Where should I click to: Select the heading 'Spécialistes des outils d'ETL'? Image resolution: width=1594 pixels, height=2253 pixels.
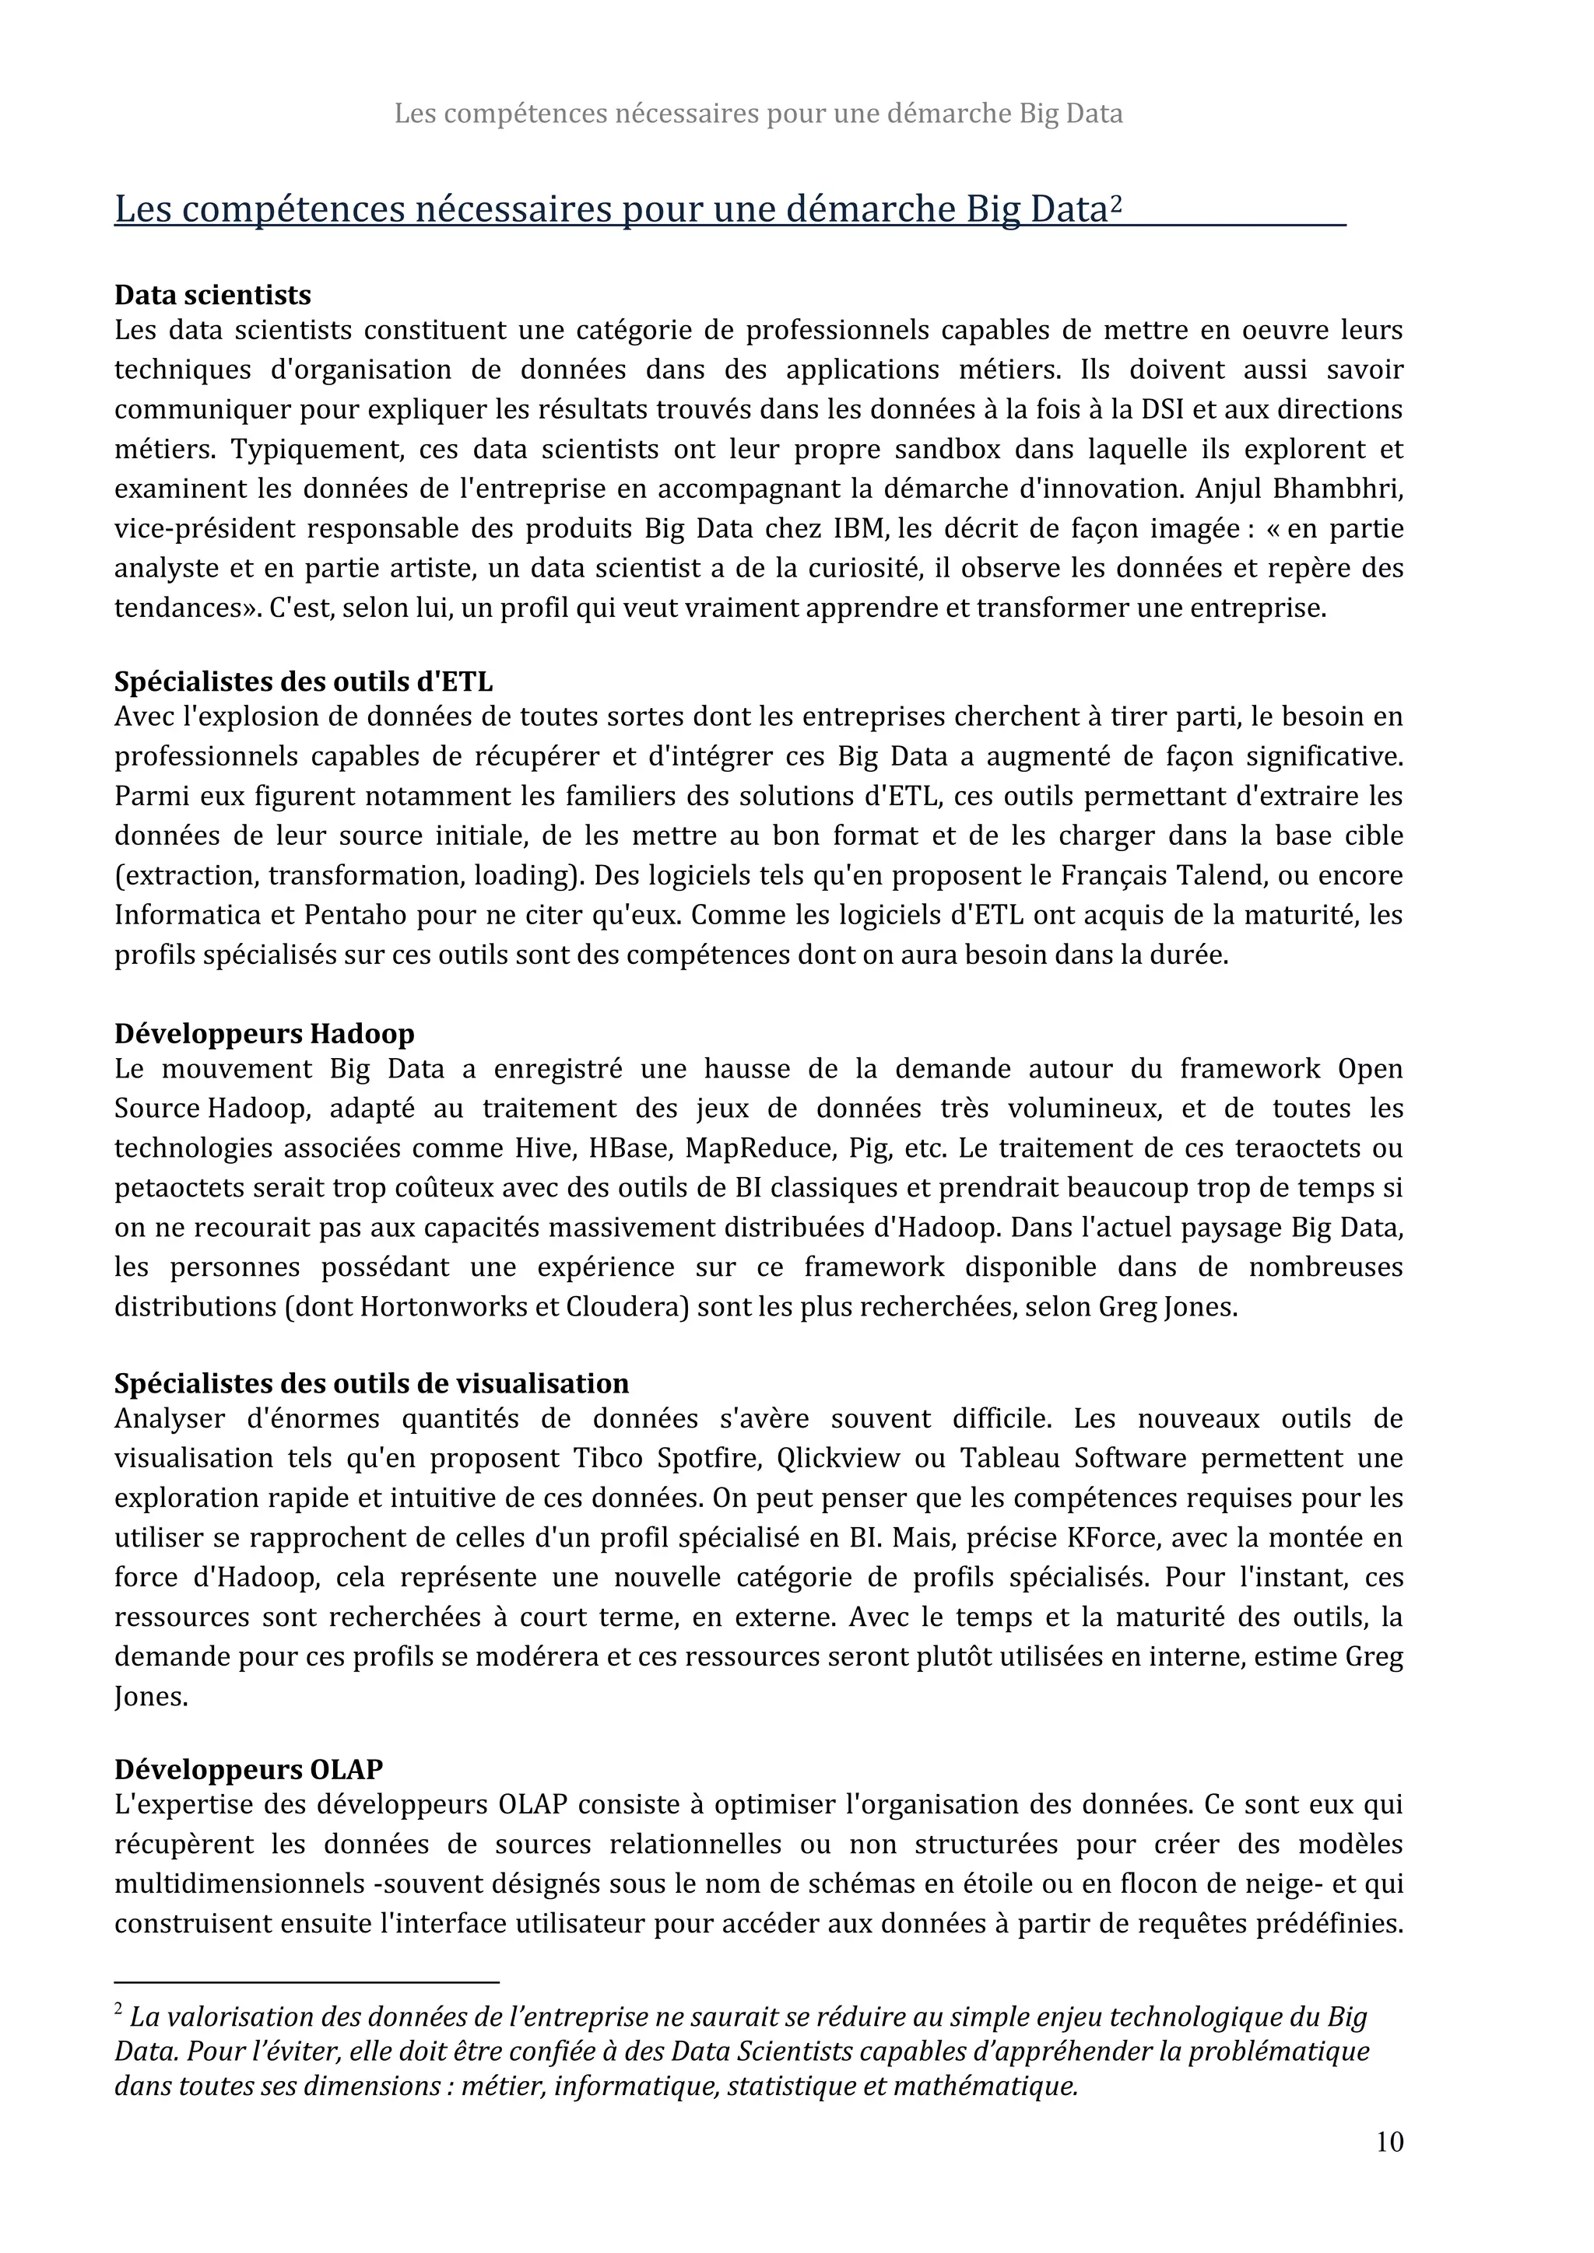click(304, 681)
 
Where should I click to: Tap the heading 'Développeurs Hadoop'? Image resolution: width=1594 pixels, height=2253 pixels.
click(264, 1033)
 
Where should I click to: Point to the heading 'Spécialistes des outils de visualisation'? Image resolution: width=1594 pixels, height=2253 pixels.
click(371, 1383)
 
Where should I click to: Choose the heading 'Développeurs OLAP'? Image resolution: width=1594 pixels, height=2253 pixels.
click(248, 1769)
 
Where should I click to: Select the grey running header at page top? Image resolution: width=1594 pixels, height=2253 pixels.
click(758, 114)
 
